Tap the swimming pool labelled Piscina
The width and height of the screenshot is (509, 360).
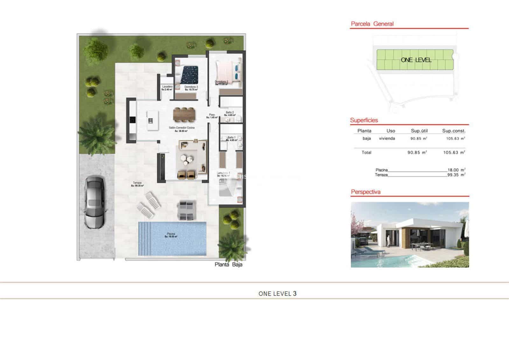pos(172,238)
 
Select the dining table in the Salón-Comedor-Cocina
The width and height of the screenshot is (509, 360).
pos(184,115)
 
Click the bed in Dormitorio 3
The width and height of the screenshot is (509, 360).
pos(189,74)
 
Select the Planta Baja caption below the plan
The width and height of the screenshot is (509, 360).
pos(228,264)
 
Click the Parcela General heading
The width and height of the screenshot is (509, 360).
pos(372,24)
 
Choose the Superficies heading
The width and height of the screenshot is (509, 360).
pos(364,120)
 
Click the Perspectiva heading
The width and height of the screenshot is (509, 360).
pos(366,192)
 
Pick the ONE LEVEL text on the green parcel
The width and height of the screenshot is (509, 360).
pos(416,60)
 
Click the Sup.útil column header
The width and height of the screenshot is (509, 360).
pos(419,131)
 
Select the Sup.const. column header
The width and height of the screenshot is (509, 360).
pos(454,131)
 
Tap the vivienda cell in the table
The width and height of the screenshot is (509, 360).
pos(387,138)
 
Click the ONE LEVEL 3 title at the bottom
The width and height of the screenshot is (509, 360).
pos(277,293)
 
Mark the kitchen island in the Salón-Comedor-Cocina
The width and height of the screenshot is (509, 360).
pos(152,120)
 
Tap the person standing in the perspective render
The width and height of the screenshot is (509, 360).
pos(388,241)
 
